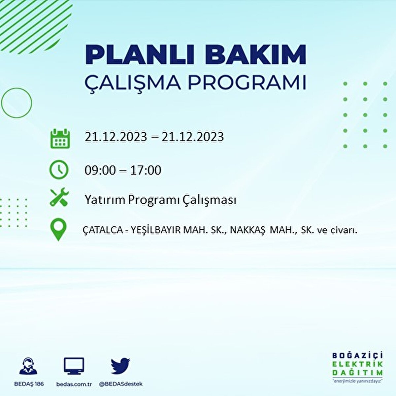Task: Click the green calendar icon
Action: pyautogui.click(x=60, y=138)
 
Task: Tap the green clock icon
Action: pyautogui.click(x=59, y=170)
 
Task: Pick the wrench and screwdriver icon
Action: pyautogui.click(x=59, y=197)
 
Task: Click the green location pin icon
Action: pyautogui.click(x=58, y=229)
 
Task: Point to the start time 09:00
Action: pyautogui.click(x=100, y=170)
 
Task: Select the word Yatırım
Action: pyautogui.click(x=105, y=200)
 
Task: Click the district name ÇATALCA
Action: pyautogui.click(x=103, y=230)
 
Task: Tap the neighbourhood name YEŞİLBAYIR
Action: pyautogui.click(x=156, y=230)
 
